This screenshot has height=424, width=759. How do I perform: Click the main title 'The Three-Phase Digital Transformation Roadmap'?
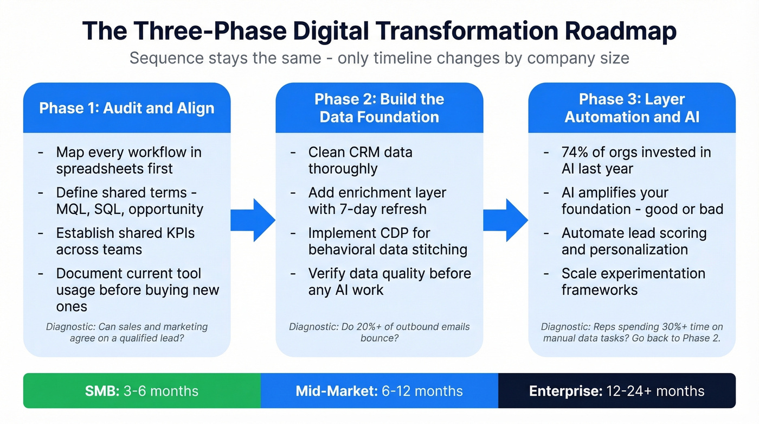(379, 31)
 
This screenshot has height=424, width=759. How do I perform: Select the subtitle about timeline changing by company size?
(379, 58)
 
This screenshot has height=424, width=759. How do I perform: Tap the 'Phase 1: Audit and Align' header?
(127, 107)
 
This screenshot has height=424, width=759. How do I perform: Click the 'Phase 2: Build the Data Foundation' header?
(379, 107)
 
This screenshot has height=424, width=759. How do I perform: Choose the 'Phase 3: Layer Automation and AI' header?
(632, 107)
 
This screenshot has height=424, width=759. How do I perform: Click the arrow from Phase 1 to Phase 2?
(253, 220)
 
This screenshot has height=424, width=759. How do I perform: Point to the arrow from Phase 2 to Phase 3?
(505, 220)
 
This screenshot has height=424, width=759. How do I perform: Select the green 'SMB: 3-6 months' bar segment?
(141, 391)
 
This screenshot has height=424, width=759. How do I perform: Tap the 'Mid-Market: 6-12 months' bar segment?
(379, 391)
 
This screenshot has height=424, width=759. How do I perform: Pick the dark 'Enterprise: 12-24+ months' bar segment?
(616, 391)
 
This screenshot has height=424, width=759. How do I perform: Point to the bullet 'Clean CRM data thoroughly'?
(360, 160)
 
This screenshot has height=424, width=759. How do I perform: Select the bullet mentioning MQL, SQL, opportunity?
(130, 201)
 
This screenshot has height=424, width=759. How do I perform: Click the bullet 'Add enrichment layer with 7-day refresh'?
(377, 201)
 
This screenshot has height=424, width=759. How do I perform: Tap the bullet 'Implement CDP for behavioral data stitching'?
(387, 241)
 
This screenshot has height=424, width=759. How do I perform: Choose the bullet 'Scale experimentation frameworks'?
(633, 281)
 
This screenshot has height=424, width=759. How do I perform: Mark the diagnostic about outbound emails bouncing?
(379, 332)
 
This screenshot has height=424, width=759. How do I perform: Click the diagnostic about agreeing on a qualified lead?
(127, 332)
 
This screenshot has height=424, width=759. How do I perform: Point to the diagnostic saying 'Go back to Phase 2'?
(632, 332)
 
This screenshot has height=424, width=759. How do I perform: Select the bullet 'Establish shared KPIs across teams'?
(125, 241)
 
